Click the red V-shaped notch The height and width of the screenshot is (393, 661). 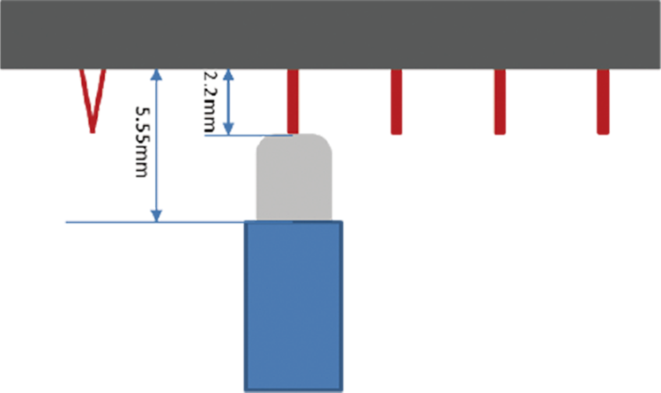coord(93,99)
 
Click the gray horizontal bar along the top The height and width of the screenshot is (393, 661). coord(330,33)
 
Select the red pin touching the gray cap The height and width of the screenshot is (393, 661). coord(293,100)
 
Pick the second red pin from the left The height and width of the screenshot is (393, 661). coord(396,102)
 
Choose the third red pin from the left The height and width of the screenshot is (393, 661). coord(500,102)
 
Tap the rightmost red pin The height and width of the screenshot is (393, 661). coord(603,102)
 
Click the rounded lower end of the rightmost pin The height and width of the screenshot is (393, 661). coord(603,131)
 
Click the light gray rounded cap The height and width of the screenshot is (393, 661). coord(293,176)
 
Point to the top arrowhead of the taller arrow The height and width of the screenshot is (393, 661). coord(157,76)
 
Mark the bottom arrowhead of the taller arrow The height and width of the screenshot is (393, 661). coord(157,214)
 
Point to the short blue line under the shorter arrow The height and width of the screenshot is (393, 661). coord(247,135)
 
